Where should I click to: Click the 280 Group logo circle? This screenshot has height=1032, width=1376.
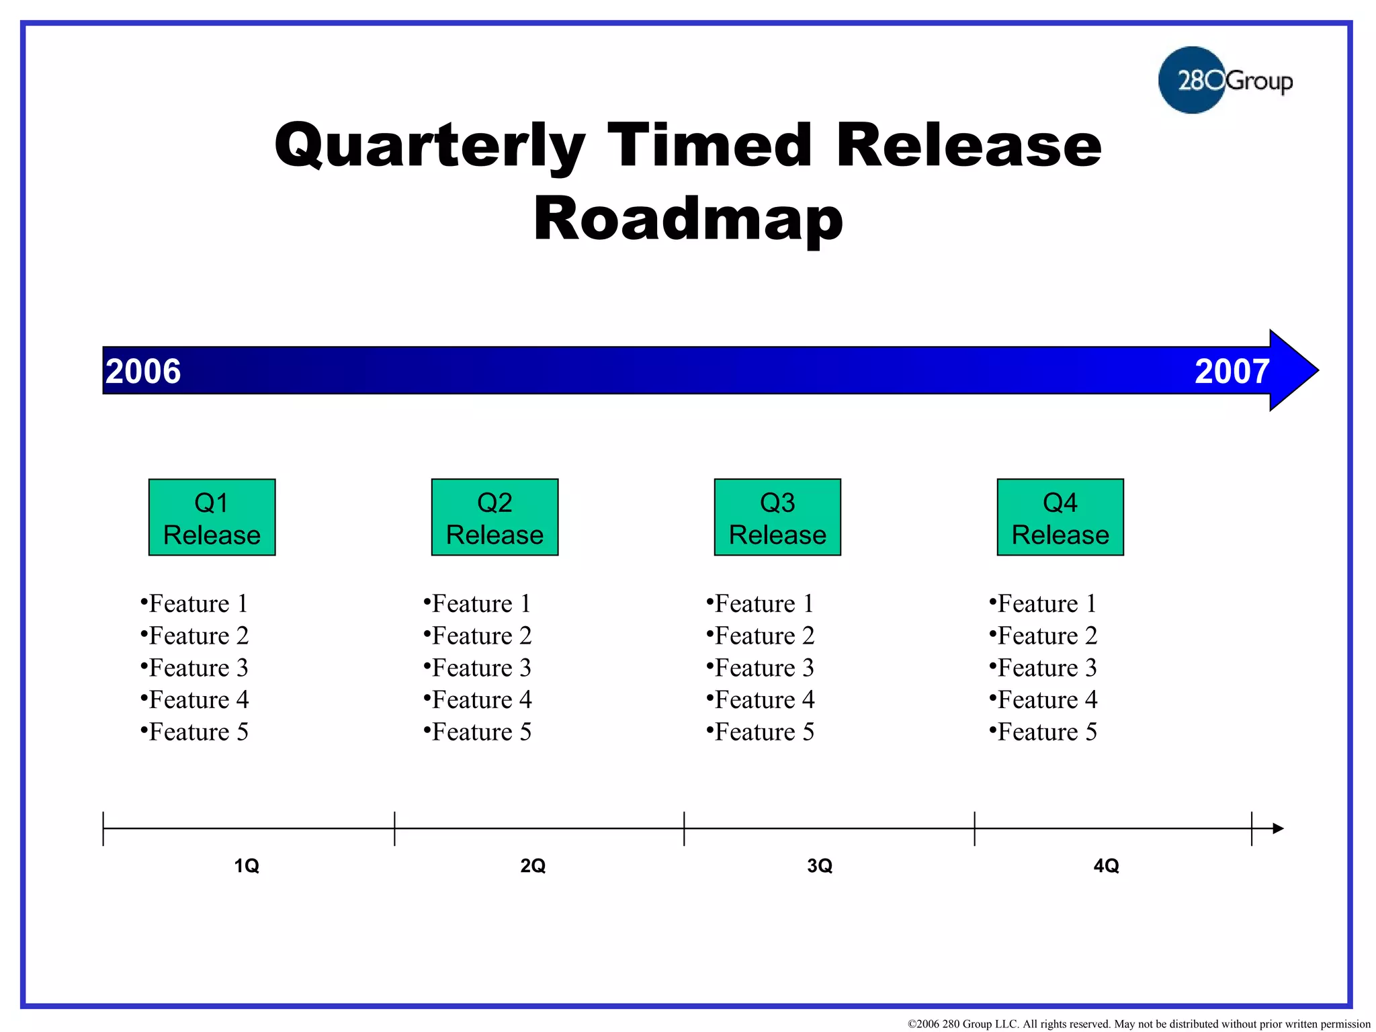click(x=1192, y=80)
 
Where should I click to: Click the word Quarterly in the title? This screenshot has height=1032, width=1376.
click(x=430, y=146)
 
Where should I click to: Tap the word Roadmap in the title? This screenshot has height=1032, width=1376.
click(x=688, y=219)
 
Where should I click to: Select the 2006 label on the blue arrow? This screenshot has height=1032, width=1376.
click(x=143, y=372)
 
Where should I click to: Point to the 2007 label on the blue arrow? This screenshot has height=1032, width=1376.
click(x=1232, y=372)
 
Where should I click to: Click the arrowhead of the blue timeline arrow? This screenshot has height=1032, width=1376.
click(x=1293, y=370)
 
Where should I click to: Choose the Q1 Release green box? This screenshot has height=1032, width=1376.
click(x=212, y=517)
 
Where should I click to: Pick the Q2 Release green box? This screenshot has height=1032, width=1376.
click(x=494, y=517)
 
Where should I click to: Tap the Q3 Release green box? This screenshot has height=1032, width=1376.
click(x=777, y=517)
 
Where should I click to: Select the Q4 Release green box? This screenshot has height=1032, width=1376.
click(x=1060, y=517)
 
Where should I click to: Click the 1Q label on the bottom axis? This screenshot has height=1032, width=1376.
click(x=247, y=865)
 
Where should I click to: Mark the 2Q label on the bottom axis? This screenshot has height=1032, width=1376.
click(x=533, y=865)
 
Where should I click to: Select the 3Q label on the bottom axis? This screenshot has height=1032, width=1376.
click(x=820, y=865)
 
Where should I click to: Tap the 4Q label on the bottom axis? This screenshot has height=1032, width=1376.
click(x=1106, y=865)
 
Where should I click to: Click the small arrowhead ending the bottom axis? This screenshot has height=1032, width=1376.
click(x=1278, y=828)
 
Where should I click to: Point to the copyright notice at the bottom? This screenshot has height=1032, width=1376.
click(x=1138, y=1024)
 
